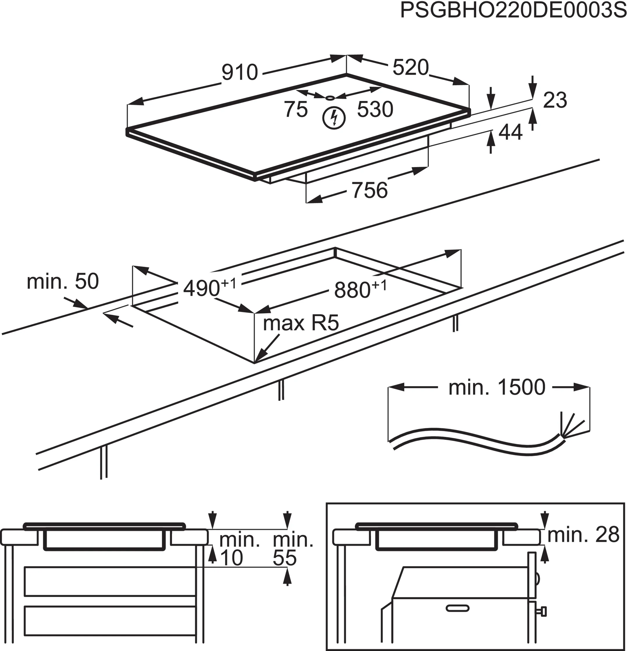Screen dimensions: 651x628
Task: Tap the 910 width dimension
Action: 240,72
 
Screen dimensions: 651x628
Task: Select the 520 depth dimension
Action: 411,68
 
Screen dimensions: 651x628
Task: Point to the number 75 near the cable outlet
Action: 296,109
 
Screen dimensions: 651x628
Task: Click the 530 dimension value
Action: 375,109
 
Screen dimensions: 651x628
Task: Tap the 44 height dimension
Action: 511,132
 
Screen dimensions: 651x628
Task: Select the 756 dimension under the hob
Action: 369,190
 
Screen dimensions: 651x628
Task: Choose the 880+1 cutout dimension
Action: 360,289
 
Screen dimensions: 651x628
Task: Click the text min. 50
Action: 63,281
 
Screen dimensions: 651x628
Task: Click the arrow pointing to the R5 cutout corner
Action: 267,349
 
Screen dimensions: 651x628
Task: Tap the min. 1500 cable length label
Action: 497,387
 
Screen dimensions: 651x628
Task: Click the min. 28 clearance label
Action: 583,535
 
